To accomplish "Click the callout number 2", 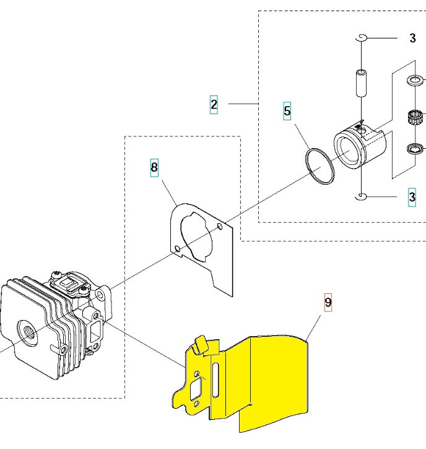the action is pyautogui.click(x=214, y=105).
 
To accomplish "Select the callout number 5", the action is pyautogui.click(x=287, y=111).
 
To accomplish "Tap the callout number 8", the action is pyautogui.click(x=154, y=167).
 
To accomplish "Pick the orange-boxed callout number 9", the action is pyautogui.click(x=328, y=303).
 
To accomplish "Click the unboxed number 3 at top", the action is pyautogui.click(x=412, y=38).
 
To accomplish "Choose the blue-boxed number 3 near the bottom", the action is pyautogui.click(x=412, y=197).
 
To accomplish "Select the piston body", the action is pyautogui.click(x=360, y=146).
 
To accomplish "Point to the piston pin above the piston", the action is pyautogui.click(x=362, y=82).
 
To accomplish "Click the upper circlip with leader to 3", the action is pyautogui.click(x=362, y=38).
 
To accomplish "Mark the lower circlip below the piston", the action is pyautogui.click(x=361, y=197).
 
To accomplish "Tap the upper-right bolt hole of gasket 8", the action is pyautogui.click(x=220, y=226).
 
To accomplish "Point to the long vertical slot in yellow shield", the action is pyautogui.click(x=215, y=380).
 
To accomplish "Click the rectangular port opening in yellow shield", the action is pyautogui.click(x=196, y=389).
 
